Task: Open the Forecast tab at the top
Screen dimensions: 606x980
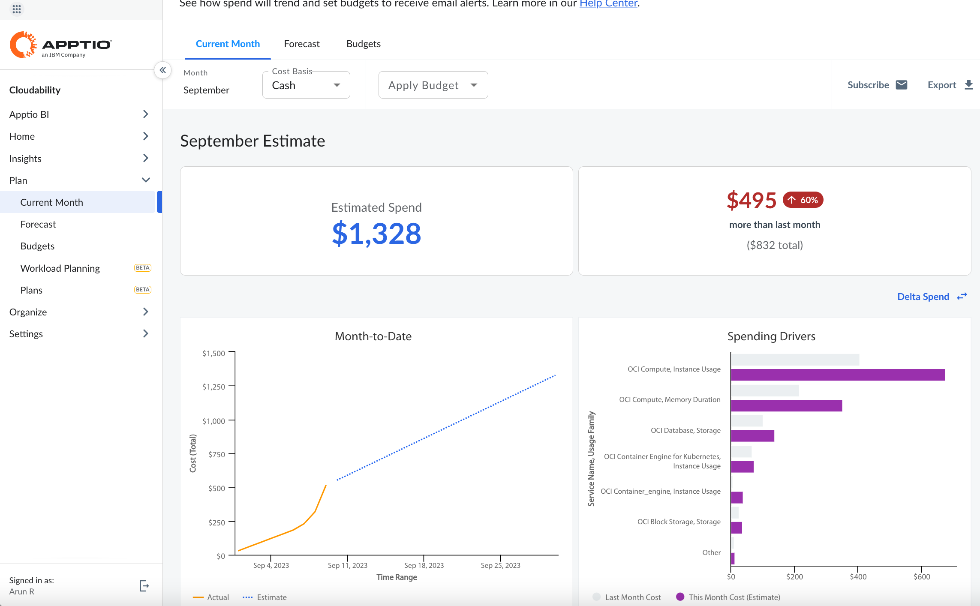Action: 301,44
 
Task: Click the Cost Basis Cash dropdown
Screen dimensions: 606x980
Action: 306,85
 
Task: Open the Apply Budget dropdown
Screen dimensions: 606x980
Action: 433,85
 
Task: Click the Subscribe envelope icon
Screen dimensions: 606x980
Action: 902,85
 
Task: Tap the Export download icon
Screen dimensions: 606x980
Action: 968,85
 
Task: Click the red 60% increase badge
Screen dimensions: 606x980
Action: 803,200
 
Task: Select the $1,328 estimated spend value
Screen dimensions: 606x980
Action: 376,234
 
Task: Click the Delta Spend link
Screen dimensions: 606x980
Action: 923,297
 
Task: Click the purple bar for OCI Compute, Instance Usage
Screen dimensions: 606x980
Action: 837,375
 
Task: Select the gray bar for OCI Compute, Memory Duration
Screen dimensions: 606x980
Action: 765,390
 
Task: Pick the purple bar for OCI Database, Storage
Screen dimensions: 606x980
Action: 752,436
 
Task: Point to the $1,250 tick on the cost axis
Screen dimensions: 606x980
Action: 214,387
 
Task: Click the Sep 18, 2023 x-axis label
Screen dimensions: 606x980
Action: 424,565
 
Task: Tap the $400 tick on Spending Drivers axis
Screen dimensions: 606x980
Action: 858,577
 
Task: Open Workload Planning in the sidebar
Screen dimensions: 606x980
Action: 60,268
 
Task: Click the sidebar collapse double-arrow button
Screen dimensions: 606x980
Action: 162,70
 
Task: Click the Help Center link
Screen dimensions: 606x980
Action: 608,4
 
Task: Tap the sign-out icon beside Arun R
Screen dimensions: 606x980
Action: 144,586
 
